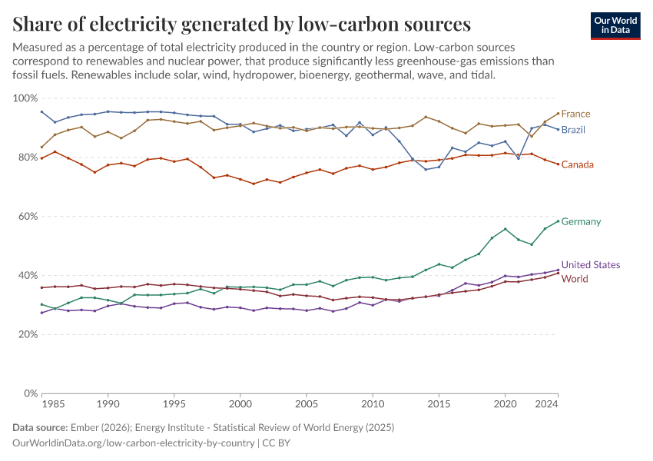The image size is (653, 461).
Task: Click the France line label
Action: (575, 114)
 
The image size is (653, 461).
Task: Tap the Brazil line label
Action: (573, 130)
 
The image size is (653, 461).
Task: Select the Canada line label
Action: (577, 164)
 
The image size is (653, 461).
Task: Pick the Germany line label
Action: (581, 222)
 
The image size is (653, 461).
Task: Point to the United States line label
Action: (591, 265)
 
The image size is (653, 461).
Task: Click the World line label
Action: (575, 279)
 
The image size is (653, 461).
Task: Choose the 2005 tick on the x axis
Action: (307, 404)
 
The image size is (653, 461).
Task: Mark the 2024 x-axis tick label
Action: (547, 404)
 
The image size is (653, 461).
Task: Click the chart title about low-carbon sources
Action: (242, 24)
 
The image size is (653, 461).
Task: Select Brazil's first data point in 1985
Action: (41, 111)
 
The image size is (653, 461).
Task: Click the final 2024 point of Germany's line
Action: (558, 221)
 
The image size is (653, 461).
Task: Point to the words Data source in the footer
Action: (38, 427)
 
